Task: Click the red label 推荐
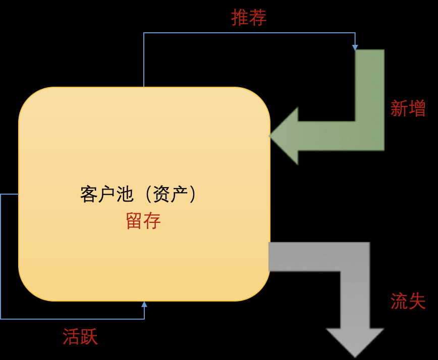coord(249,18)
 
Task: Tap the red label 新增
coord(408,108)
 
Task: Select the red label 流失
coord(408,301)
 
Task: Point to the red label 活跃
coord(80,336)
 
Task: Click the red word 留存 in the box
coord(143,221)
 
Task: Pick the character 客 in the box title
coord(89,194)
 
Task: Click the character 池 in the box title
coord(125,194)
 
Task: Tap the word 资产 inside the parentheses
coord(170,194)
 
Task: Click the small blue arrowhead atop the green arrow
coord(355,48)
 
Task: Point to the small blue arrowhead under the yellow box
coord(144,304)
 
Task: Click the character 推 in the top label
coord(240,18)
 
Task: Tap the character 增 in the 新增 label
coord(417,108)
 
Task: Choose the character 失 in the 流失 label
coord(417,301)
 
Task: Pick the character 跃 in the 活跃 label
coord(89,336)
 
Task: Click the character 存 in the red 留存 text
coord(152,221)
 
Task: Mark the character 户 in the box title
coord(107,194)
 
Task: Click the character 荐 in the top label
coord(258,18)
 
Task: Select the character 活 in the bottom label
coord(71,336)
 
